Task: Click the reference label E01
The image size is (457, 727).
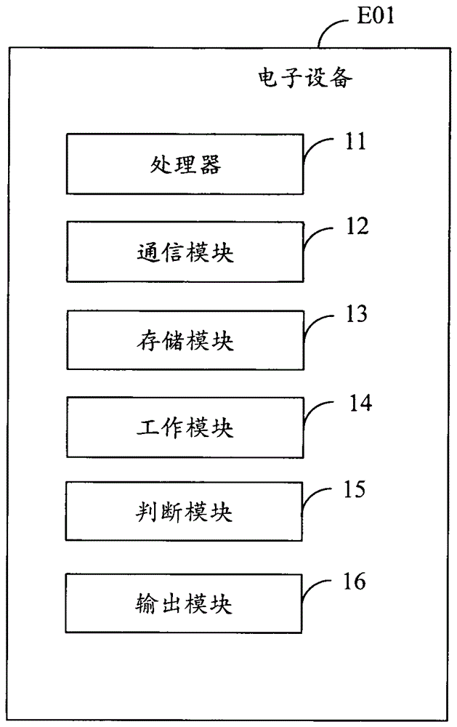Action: click(x=376, y=15)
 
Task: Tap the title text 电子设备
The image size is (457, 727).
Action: click(x=305, y=78)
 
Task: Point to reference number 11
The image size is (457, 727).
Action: click(x=355, y=141)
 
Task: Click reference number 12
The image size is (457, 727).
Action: click(x=357, y=226)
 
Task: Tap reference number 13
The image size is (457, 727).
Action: click(x=356, y=314)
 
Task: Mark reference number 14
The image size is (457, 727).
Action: click(x=360, y=403)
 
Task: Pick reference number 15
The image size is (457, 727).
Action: click(x=354, y=489)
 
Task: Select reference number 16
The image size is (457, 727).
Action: click(x=354, y=582)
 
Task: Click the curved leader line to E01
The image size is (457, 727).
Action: click(x=327, y=29)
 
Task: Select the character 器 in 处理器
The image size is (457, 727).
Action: click(x=210, y=164)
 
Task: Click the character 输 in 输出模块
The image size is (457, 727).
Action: click(x=146, y=603)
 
